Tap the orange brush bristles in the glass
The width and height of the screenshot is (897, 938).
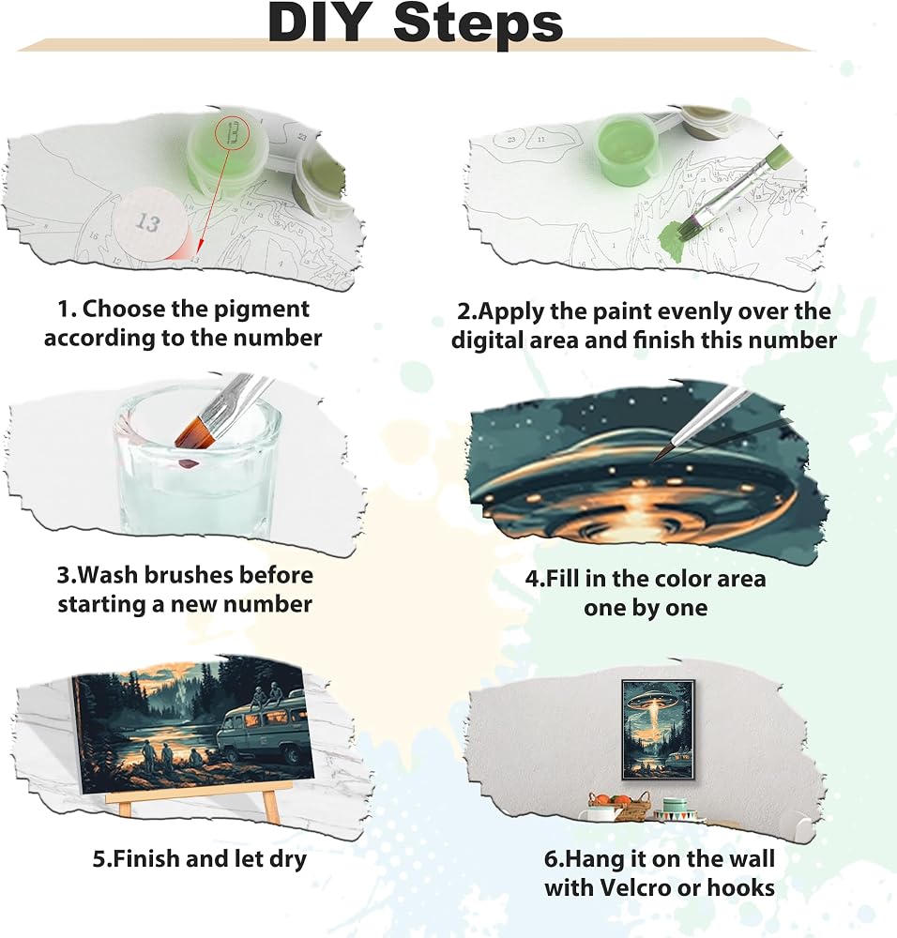[x=196, y=433]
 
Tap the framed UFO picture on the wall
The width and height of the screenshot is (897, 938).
[x=658, y=730]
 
